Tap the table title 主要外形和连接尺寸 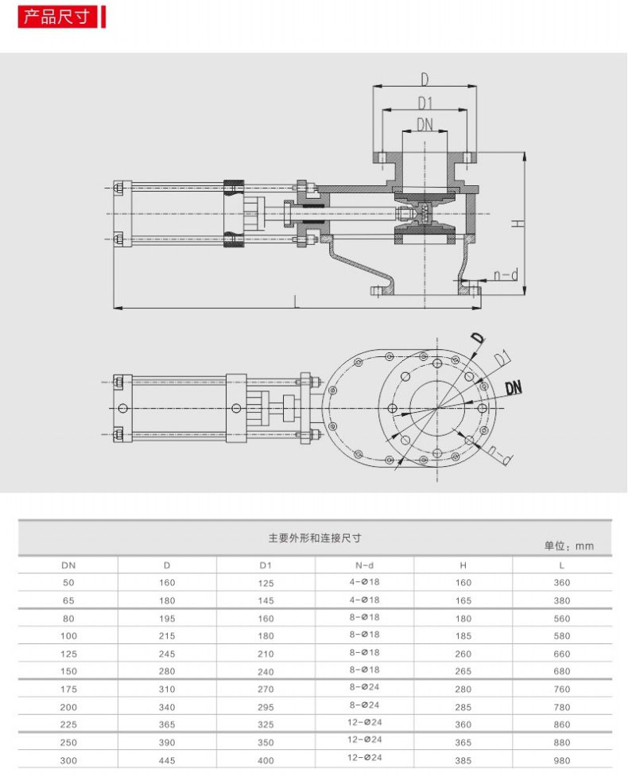[x=315, y=538]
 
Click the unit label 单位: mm [x=568, y=546]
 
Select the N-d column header [x=365, y=565]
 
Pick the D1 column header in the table [x=266, y=565]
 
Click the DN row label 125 [x=68, y=654]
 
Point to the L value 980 [x=562, y=760]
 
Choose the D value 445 [x=167, y=760]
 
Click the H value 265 [x=463, y=671]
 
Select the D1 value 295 [x=266, y=708]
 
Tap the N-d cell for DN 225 [x=365, y=722]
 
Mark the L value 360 [x=562, y=583]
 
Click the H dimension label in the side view [x=517, y=223]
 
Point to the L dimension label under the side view [x=297, y=301]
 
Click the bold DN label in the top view [x=514, y=387]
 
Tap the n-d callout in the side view [x=506, y=274]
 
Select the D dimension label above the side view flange [x=425, y=80]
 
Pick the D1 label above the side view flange [x=425, y=103]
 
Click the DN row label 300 [x=68, y=760]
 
